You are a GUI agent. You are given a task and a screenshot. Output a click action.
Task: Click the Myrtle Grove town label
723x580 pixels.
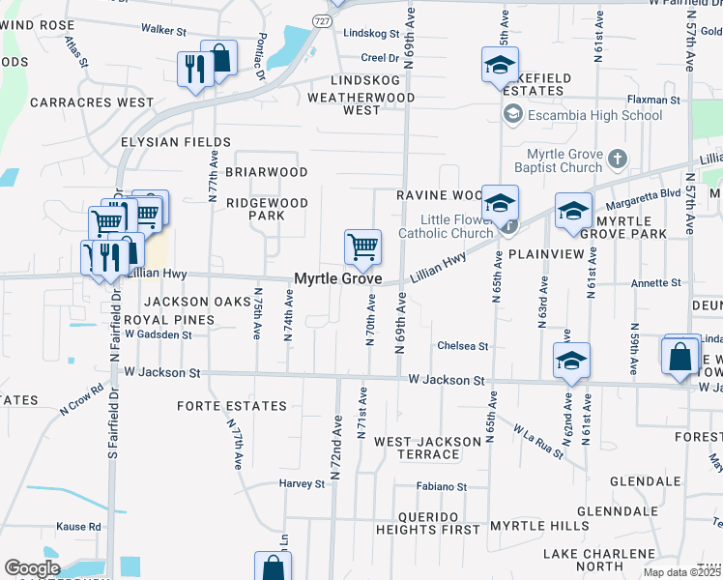(338, 278)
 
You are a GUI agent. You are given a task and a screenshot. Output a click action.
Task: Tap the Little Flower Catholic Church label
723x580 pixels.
(446, 226)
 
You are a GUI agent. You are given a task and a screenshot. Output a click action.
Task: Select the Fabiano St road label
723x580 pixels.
(442, 486)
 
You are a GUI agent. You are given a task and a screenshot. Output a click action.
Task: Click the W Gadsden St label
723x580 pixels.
(153, 334)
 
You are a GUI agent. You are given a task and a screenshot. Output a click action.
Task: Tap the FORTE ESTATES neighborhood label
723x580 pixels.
(232, 406)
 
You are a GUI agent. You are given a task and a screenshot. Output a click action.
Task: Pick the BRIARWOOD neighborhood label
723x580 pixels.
(266, 172)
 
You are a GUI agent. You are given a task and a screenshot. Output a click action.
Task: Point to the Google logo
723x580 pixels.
(32, 568)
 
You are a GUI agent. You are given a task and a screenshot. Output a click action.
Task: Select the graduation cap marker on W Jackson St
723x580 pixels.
(571, 361)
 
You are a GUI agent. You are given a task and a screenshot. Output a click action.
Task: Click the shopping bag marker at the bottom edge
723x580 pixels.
(273, 566)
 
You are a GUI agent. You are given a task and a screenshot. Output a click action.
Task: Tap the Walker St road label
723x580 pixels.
(162, 30)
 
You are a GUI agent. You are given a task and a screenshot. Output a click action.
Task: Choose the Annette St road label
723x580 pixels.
(656, 283)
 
